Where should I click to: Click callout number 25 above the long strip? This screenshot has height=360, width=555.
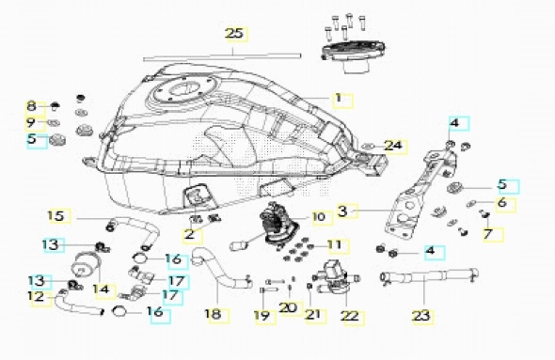pos(234,34)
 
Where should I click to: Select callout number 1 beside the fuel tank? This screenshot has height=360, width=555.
pos(339,98)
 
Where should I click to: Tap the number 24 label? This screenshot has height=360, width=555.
pos(393,146)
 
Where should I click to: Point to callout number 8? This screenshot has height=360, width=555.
pos(31,105)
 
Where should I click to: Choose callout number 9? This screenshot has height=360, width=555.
pos(31,123)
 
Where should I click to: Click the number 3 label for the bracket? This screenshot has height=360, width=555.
pos(342,211)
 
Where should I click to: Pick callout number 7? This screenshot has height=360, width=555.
pos(488,234)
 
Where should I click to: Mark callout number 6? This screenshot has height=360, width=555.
pos(502,203)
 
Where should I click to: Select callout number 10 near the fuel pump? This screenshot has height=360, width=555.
pos(319,217)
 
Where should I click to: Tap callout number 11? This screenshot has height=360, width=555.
pos(335,244)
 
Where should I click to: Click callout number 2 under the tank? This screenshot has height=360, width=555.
pos(189,234)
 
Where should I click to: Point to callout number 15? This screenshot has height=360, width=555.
pos(55,215)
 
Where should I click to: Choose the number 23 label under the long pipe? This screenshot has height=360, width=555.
pos(421,316)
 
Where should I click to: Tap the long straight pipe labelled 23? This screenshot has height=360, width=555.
pos(429,274)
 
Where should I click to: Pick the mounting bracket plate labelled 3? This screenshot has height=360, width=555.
pos(418,194)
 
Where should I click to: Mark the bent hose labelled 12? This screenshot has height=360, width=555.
pos(79,305)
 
